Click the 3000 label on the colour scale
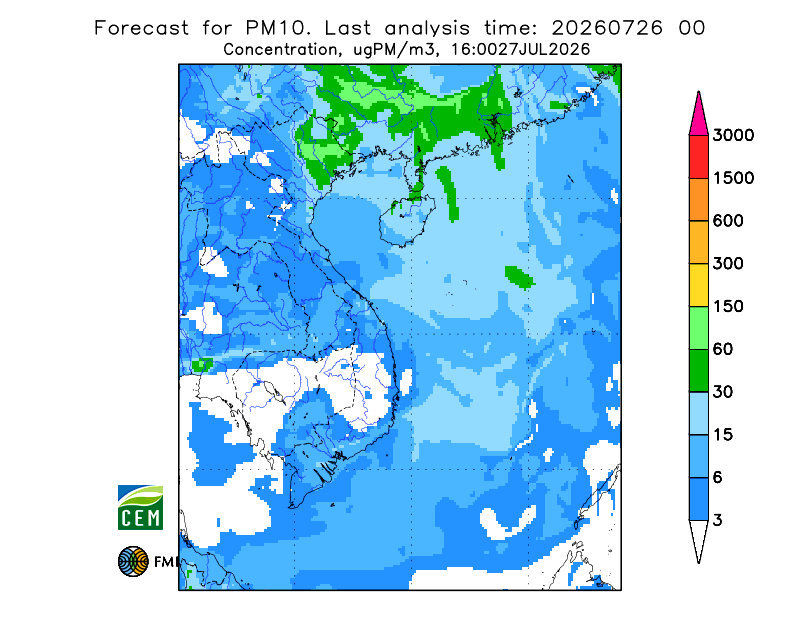[733, 135]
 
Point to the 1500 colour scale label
[733, 178]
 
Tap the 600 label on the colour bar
[728, 221]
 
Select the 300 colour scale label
[728, 264]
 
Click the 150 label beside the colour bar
[728, 307]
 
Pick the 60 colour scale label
[723, 350]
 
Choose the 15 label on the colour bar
[723, 435]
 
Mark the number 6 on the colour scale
[718, 478]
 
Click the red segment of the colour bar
[698, 157]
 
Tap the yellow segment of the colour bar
[698, 285]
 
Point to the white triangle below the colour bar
[698, 541]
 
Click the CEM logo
[140, 507]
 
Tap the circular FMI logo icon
[133, 561]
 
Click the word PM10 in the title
[278, 28]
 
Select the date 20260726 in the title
[607, 28]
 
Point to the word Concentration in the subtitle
[280, 50]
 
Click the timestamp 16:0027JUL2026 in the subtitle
[521, 50]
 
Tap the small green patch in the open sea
[519, 277]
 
